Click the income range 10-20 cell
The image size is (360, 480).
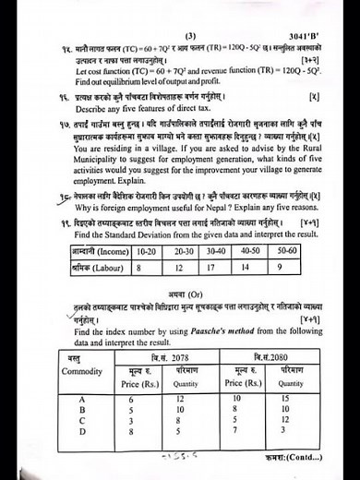(143, 249)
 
